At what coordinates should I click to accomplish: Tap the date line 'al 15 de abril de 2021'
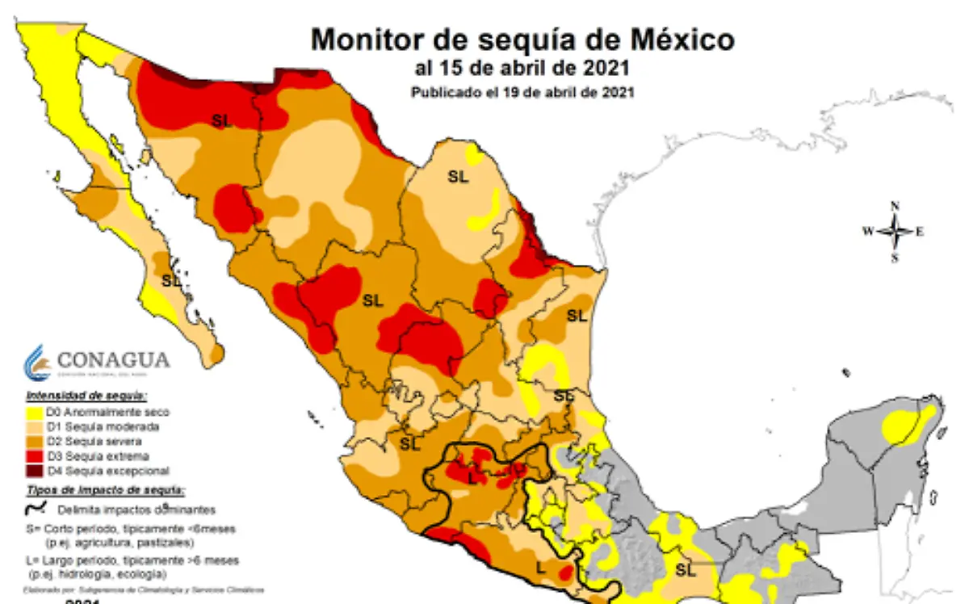[522, 68]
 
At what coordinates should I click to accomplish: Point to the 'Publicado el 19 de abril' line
[522, 92]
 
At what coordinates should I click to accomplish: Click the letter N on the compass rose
[895, 207]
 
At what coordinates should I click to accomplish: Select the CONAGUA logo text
[114, 359]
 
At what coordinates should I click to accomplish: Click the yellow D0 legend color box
[34, 413]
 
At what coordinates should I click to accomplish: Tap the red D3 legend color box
[34, 456]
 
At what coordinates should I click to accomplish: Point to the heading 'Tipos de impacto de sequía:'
[105, 490]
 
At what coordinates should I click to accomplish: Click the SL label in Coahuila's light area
[458, 178]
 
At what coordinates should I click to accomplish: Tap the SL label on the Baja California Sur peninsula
[170, 281]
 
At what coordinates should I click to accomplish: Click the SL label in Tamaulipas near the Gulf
[576, 316]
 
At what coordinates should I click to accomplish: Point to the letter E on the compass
[920, 232]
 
